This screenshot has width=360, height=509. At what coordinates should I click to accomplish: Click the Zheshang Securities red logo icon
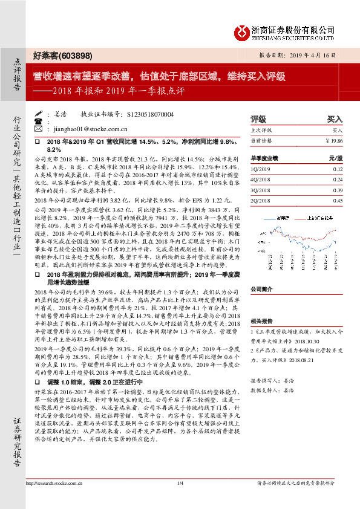click(243, 31)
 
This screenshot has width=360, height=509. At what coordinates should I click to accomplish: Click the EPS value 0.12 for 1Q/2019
click(337, 169)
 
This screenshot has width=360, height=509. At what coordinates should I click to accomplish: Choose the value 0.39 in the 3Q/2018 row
click(337, 189)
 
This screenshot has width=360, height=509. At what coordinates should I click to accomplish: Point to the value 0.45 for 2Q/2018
click(337, 200)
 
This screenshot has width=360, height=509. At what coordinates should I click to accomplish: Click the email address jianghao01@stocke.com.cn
click(89, 129)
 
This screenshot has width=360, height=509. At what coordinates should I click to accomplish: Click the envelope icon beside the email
click(38, 129)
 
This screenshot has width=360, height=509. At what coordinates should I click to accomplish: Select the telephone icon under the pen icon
click(38, 122)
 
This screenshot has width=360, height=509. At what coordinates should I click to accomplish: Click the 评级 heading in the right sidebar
click(258, 119)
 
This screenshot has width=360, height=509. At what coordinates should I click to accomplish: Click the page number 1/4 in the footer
click(180, 500)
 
